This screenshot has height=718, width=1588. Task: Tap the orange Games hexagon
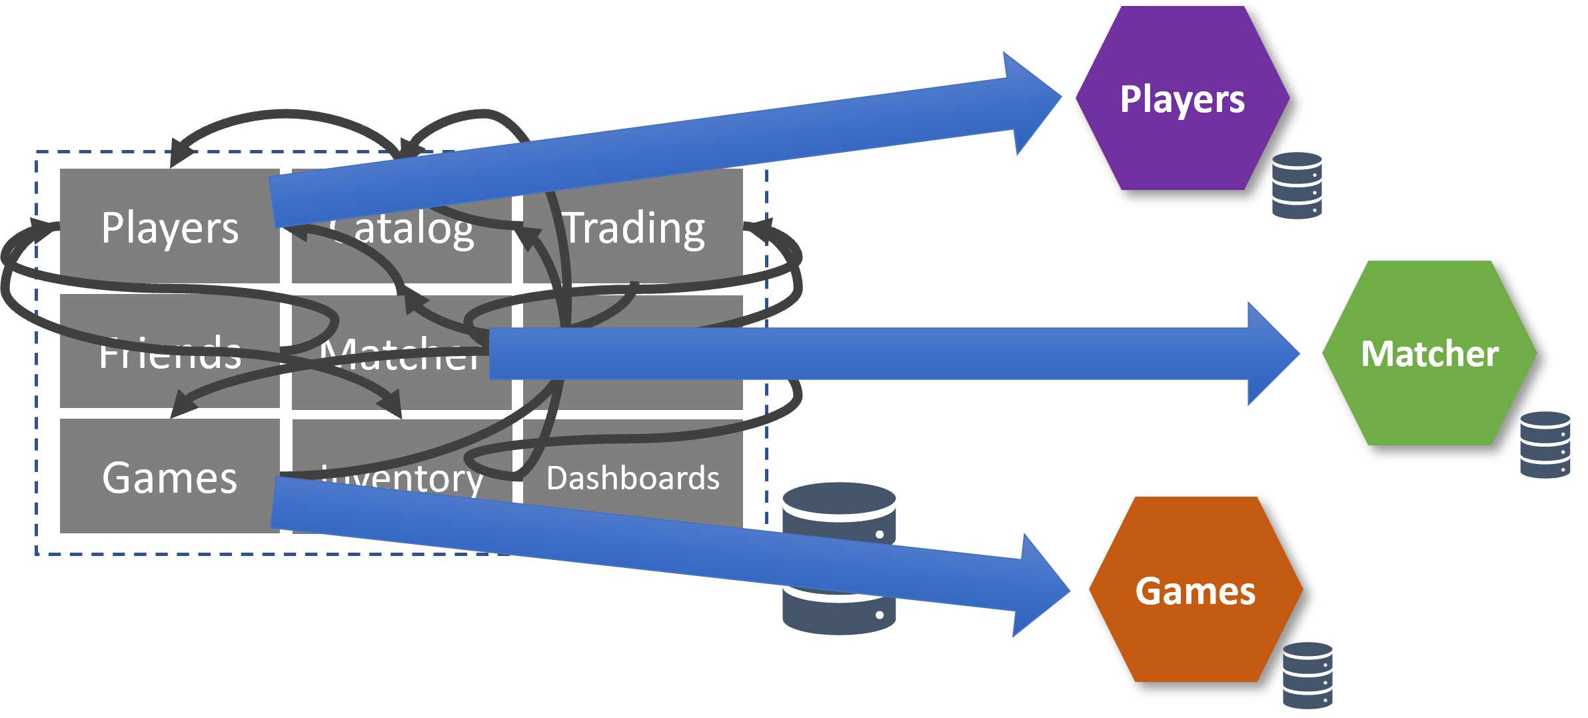pyautogui.click(x=1195, y=633)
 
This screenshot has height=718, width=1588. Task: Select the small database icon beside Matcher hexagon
pyautogui.click(x=1545, y=445)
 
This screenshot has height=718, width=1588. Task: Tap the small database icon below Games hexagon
pyautogui.click(x=1307, y=675)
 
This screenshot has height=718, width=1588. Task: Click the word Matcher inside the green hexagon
pyautogui.click(x=1429, y=353)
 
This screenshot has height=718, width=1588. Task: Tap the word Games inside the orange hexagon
pyautogui.click(x=1195, y=591)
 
